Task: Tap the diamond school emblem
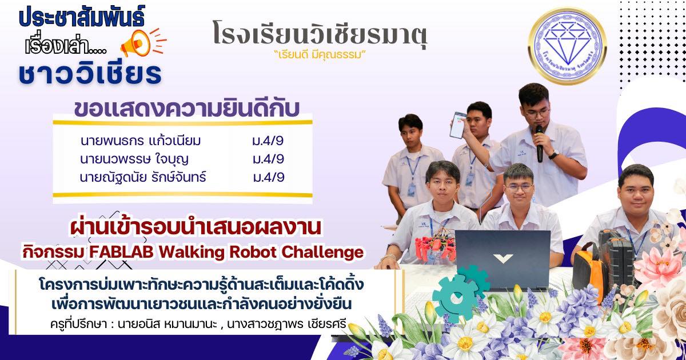[567, 46]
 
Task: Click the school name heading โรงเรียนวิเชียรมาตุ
[320, 35]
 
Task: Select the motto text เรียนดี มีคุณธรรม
[320, 55]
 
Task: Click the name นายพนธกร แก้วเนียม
[141, 141]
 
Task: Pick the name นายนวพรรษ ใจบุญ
[134, 159]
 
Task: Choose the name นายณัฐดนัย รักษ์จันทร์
[143, 178]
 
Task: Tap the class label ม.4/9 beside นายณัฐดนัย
[269, 177]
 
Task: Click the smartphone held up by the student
[457, 125]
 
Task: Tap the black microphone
[539, 143]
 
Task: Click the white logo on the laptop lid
[503, 258]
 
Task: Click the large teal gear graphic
[456, 298]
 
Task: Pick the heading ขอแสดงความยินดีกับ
[187, 109]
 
